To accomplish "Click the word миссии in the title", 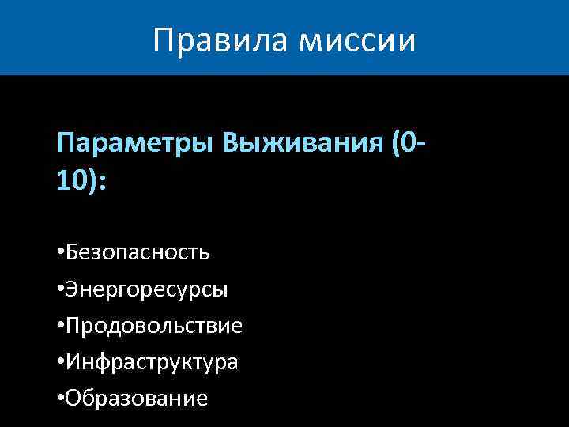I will [356, 40].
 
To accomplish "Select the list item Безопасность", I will [138, 253].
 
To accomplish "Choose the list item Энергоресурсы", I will [147, 290].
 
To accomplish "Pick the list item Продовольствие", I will [154, 326].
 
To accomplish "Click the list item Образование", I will [137, 399].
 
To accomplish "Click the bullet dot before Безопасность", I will [61, 253].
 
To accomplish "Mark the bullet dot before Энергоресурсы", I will [61, 289].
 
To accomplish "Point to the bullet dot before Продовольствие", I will [61, 326].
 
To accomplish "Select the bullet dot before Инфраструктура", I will [61, 362].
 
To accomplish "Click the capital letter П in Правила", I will [164, 40].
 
